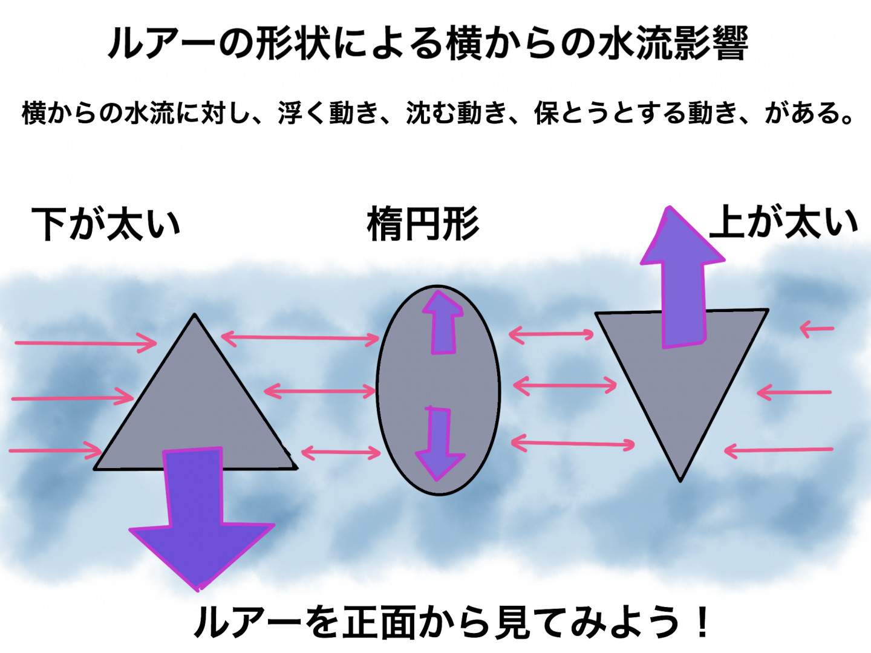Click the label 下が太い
[x=106, y=224]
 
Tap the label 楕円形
[x=423, y=224]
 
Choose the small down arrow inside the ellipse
[x=439, y=443]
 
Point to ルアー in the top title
[x=162, y=43]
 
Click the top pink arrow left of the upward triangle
[x=86, y=343]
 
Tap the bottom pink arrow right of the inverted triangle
[x=778, y=450]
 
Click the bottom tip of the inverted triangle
[x=680, y=482]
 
